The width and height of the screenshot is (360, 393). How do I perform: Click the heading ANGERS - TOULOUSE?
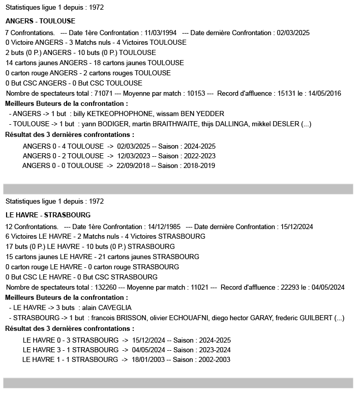click(40, 21)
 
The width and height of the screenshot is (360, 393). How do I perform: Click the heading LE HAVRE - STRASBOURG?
click(48, 215)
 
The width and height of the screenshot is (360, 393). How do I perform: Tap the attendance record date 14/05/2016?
click(324, 93)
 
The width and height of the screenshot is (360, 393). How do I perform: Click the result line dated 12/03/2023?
click(119, 156)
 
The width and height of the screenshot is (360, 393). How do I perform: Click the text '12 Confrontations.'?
click(31, 227)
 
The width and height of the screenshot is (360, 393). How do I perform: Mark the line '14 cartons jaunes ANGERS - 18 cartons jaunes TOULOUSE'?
click(95, 63)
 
